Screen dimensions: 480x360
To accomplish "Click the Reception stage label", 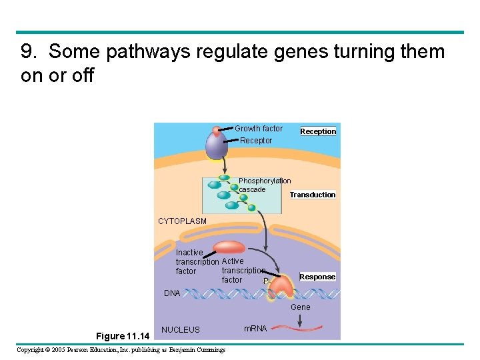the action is [318, 131].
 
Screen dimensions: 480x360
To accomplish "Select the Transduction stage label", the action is [313, 195].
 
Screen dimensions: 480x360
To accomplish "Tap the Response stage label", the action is [317, 277].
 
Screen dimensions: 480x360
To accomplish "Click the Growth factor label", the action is [259, 129].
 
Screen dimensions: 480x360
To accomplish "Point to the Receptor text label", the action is [256, 141].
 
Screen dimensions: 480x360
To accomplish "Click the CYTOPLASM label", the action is [182, 221].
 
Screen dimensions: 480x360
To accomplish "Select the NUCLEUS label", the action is [180, 329].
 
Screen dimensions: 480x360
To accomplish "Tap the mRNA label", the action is [255, 329].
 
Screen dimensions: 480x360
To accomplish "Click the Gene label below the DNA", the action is [301, 307].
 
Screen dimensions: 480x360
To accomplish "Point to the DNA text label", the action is [172, 293].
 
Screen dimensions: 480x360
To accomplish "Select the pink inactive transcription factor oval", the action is [229, 247].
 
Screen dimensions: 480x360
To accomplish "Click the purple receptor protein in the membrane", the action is [217, 143].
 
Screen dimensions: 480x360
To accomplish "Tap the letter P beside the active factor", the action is [266, 282].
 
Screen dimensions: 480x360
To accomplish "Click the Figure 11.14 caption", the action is [123, 335].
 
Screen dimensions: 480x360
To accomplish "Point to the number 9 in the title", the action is [27, 52].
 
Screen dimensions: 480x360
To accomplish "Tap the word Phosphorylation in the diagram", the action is [265, 181].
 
